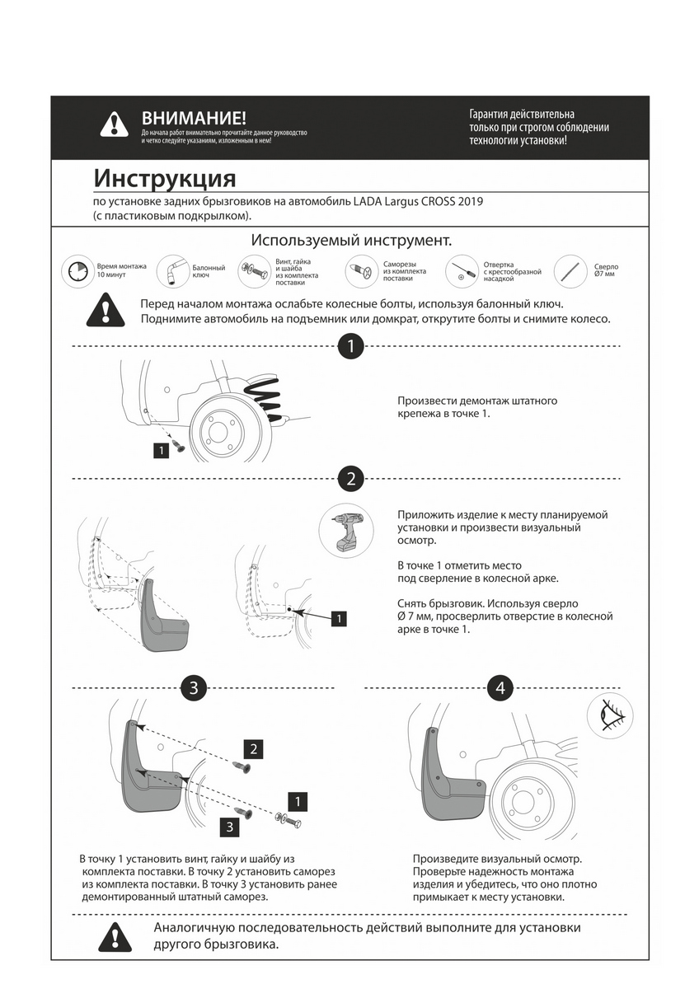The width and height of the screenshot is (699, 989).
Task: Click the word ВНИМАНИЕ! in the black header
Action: pyautogui.click(x=194, y=118)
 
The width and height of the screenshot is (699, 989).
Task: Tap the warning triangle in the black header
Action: pyautogui.click(x=114, y=124)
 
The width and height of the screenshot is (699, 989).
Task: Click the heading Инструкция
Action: pyautogui.click(x=164, y=179)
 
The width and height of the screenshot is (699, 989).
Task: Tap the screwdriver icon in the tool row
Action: pyautogui.click(x=462, y=270)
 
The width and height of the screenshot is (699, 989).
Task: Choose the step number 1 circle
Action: pyautogui.click(x=351, y=346)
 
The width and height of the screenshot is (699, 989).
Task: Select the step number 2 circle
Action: pyautogui.click(x=351, y=478)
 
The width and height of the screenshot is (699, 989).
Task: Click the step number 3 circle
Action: pyautogui.click(x=193, y=687)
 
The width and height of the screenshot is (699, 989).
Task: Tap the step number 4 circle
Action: pyautogui.click(x=500, y=687)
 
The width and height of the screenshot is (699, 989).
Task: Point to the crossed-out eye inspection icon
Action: pyautogui.click(x=610, y=715)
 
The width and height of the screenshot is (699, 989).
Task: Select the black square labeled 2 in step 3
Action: pyautogui.click(x=254, y=748)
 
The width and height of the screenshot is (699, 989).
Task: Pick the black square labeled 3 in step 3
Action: pyautogui.click(x=230, y=826)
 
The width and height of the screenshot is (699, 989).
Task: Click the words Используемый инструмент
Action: pyautogui.click(x=351, y=241)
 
